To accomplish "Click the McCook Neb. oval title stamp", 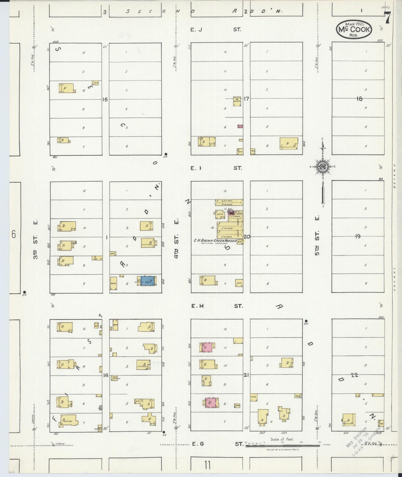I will pyautogui.click(x=354, y=29).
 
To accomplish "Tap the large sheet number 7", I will pyautogui.click(x=387, y=18).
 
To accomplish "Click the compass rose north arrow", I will pyautogui.click(x=323, y=167).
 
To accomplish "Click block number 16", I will pyautogui.click(x=105, y=99).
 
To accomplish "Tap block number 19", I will pyautogui.click(x=358, y=236).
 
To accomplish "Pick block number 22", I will pyautogui.click(x=354, y=375).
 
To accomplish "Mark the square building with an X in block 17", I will pyautogui.click(x=237, y=99).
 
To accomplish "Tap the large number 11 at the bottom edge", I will pyautogui.click(x=207, y=465).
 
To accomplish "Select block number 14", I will pyautogui.click(x=105, y=375).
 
